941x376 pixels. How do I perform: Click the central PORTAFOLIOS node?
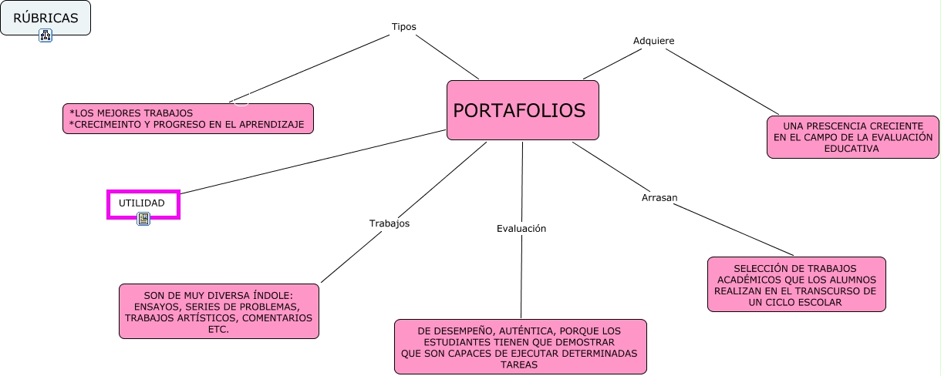coord(522,110)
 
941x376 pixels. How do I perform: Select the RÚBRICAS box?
coord(46,18)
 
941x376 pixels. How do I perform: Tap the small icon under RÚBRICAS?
coord(46,35)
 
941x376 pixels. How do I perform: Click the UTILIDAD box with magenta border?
coord(143,203)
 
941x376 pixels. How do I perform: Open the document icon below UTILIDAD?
coord(143,219)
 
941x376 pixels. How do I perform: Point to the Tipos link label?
coord(403,26)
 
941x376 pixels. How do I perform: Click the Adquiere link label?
coord(654,41)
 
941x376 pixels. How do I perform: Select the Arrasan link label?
coord(659,197)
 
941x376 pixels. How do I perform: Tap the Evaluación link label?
coord(521,228)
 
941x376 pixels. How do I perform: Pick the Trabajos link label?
coord(389,223)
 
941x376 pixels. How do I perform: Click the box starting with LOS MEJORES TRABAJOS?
coord(188,119)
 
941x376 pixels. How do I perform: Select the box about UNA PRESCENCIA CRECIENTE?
coord(852,137)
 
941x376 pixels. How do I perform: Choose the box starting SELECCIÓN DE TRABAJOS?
coord(796,284)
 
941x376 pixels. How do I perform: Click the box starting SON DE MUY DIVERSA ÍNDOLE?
coord(219,311)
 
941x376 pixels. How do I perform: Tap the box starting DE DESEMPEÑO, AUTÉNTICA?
coord(520,347)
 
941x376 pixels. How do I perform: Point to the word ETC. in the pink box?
coord(219,328)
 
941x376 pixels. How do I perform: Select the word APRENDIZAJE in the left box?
coord(273,124)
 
